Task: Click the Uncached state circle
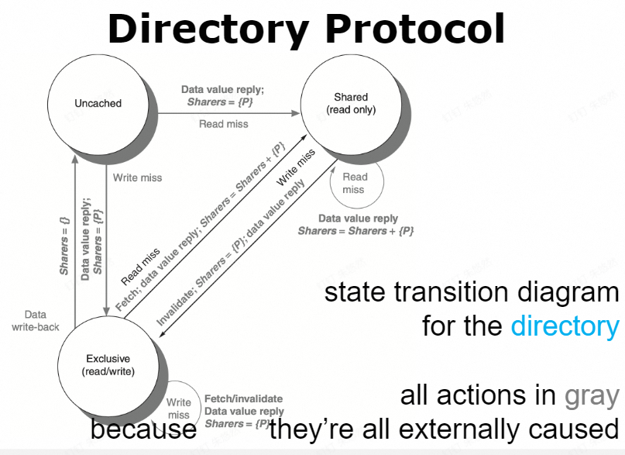pyautogui.click(x=98, y=103)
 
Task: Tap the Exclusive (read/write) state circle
pyautogui.click(x=108, y=365)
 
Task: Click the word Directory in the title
pyautogui.click(x=207, y=29)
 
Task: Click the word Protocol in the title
pyautogui.click(x=415, y=29)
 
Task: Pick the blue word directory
pyautogui.click(x=565, y=326)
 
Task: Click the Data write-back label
pyautogui.click(x=36, y=322)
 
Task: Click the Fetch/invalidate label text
pyautogui.click(x=244, y=398)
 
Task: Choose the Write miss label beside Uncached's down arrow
pyautogui.click(x=137, y=178)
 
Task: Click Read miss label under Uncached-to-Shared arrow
pyautogui.click(x=223, y=124)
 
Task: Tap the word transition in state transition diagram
pyautogui.click(x=447, y=293)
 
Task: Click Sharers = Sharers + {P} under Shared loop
pyautogui.click(x=355, y=231)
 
